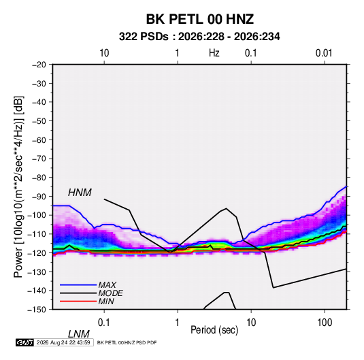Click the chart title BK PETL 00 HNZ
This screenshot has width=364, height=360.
(x=199, y=19)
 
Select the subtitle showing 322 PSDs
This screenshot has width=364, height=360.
(x=199, y=37)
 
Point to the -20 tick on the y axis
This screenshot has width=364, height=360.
(x=39, y=65)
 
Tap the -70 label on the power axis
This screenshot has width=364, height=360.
(x=39, y=159)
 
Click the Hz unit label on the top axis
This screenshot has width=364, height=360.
(x=214, y=53)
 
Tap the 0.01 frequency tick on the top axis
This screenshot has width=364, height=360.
(x=324, y=53)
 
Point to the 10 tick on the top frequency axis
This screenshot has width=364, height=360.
(x=104, y=53)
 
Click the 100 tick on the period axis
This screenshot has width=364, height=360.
(x=325, y=323)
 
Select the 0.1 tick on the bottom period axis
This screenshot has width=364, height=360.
(x=104, y=323)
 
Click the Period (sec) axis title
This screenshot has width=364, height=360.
(x=214, y=330)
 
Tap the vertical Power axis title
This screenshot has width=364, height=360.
(x=18, y=187)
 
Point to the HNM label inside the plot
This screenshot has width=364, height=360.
(x=80, y=193)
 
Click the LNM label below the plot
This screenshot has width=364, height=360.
(x=78, y=334)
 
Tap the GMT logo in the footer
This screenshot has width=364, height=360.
(x=24, y=342)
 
